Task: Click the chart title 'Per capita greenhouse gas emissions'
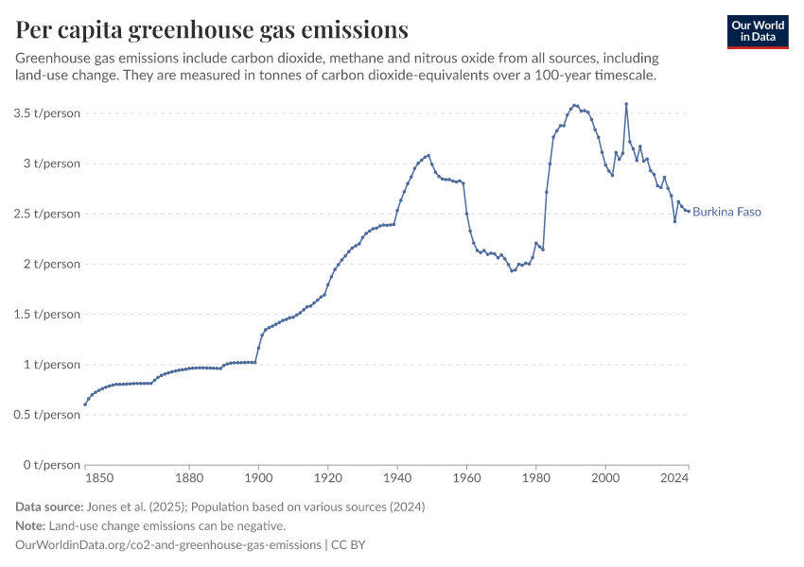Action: pyautogui.click(x=212, y=30)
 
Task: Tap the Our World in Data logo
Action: pyautogui.click(x=758, y=31)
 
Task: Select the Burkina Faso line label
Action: pyautogui.click(x=726, y=212)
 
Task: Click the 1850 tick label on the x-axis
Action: pyautogui.click(x=98, y=478)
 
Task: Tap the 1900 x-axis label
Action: pyautogui.click(x=258, y=478)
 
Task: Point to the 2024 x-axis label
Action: pyautogui.click(x=673, y=478)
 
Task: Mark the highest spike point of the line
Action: pyautogui.click(x=626, y=104)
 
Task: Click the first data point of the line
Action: pyautogui.click(x=85, y=404)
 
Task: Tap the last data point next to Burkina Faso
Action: pyautogui.click(x=689, y=211)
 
